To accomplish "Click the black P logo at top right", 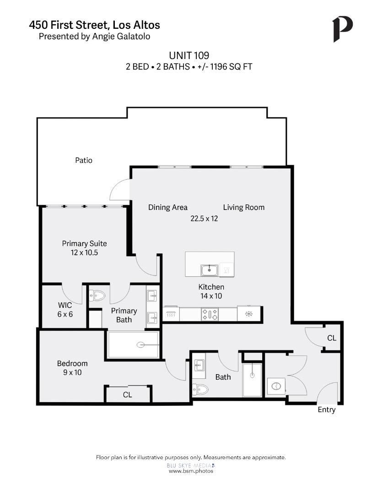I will click(x=342, y=29).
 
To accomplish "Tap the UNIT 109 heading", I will click(x=189, y=55).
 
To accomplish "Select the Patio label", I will click(x=84, y=161).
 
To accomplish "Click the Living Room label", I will click(x=243, y=207).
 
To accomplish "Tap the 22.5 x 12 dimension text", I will click(x=204, y=219).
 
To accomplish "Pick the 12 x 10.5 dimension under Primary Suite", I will click(x=84, y=252).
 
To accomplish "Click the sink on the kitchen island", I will click(x=210, y=270).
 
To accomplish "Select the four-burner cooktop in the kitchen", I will click(x=210, y=314).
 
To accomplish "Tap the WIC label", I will click(x=65, y=305).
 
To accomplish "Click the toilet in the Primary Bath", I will click(x=97, y=296).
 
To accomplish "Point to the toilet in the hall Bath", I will click(x=200, y=389).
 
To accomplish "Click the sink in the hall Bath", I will click(x=199, y=365).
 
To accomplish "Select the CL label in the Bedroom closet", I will click(x=127, y=395).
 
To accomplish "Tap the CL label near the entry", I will click(x=332, y=338).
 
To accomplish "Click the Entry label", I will click(x=326, y=410).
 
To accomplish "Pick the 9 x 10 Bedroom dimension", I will click(x=72, y=373).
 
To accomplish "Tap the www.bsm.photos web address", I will click(x=191, y=471).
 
